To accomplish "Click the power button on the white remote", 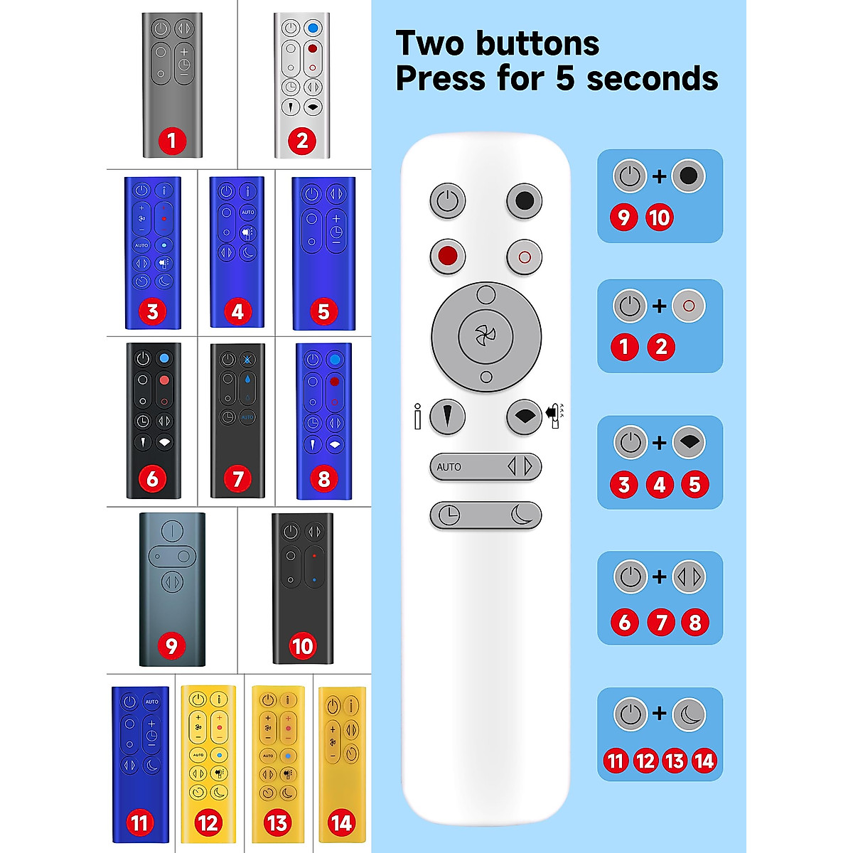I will click(x=447, y=201).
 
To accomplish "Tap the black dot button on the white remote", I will click(x=524, y=201).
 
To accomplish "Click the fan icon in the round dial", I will click(x=486, y=335).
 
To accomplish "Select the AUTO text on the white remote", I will click(x=449, y=467).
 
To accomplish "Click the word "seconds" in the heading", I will click(x=652, y=78).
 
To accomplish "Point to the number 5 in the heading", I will click(x=564, y=78).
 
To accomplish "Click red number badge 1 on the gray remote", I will click(x=171, y=141).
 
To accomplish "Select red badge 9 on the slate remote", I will click(x=171, y=646).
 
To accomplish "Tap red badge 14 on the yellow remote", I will click(x=341, y=823).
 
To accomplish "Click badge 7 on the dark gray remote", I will click(x=238, y=479).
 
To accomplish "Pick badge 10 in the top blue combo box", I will click(x=659, y=218).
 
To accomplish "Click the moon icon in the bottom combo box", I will click(x=688, y=714).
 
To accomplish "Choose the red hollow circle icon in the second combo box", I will click(x=688, y=306).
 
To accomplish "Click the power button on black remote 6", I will click(x=144, y=359).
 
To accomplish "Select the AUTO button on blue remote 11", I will click(x=152, y=702).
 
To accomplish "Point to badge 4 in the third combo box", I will click(x=660, y=485).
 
